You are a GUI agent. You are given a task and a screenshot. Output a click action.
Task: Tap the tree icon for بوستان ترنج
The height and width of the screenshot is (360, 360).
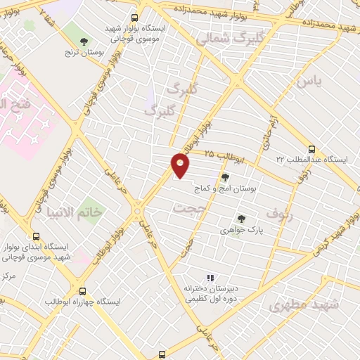point(84,41)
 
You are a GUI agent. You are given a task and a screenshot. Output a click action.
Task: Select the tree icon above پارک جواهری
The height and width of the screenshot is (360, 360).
point(241,219)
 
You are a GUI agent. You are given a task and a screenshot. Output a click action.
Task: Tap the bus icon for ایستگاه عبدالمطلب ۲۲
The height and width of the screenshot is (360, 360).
point(312,148)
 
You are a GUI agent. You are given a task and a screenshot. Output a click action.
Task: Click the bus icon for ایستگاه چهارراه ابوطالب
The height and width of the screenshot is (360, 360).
point(83,290)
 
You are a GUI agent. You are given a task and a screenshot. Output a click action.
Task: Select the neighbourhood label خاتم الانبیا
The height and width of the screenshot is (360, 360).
point(74,212)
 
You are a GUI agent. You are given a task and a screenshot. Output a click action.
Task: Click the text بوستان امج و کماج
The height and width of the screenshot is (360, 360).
point(226,189)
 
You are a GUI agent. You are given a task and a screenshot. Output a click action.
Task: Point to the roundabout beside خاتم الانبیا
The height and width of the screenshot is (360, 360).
point(138,210)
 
